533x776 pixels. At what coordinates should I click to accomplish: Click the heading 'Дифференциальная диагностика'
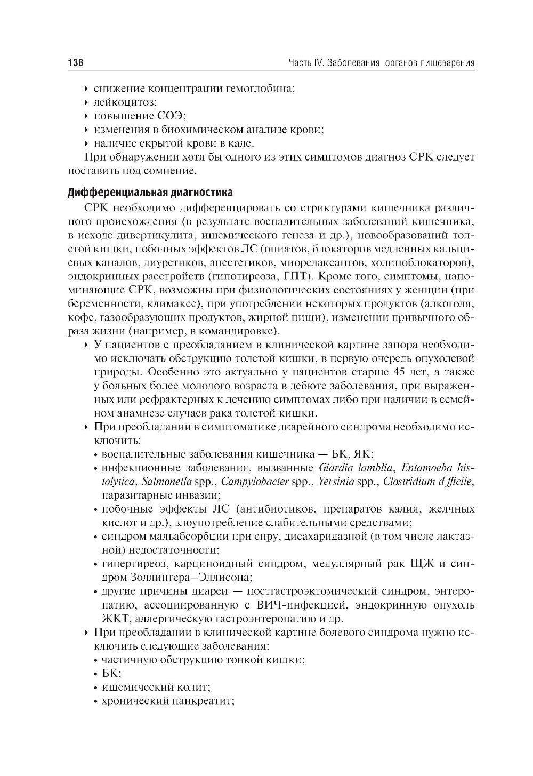coord(150,191)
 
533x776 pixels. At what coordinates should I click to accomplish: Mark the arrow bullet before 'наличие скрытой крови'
coord(87,143)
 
